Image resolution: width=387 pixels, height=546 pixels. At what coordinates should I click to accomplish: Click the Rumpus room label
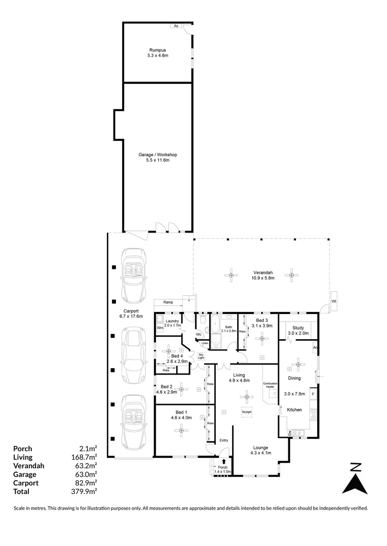158,53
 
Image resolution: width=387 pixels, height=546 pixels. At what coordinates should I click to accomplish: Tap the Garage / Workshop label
158,157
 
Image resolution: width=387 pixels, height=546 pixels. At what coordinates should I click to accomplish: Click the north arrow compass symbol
356,478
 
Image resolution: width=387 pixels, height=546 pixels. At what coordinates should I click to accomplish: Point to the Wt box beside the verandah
334,302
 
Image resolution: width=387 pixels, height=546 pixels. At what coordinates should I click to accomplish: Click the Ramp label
168,302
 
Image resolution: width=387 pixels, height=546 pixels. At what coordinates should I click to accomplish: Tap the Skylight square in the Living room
247,412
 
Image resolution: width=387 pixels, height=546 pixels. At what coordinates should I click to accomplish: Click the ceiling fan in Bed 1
181,430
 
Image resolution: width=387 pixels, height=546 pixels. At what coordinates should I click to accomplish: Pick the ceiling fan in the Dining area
298,362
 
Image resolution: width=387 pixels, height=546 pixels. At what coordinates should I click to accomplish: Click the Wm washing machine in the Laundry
160,328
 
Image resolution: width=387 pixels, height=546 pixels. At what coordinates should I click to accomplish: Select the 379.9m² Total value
87,491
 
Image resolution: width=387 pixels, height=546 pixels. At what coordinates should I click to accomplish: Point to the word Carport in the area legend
25,482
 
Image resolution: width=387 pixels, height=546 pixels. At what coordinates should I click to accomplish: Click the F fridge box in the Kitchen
314,393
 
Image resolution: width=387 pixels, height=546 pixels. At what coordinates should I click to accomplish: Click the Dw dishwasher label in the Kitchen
290,433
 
